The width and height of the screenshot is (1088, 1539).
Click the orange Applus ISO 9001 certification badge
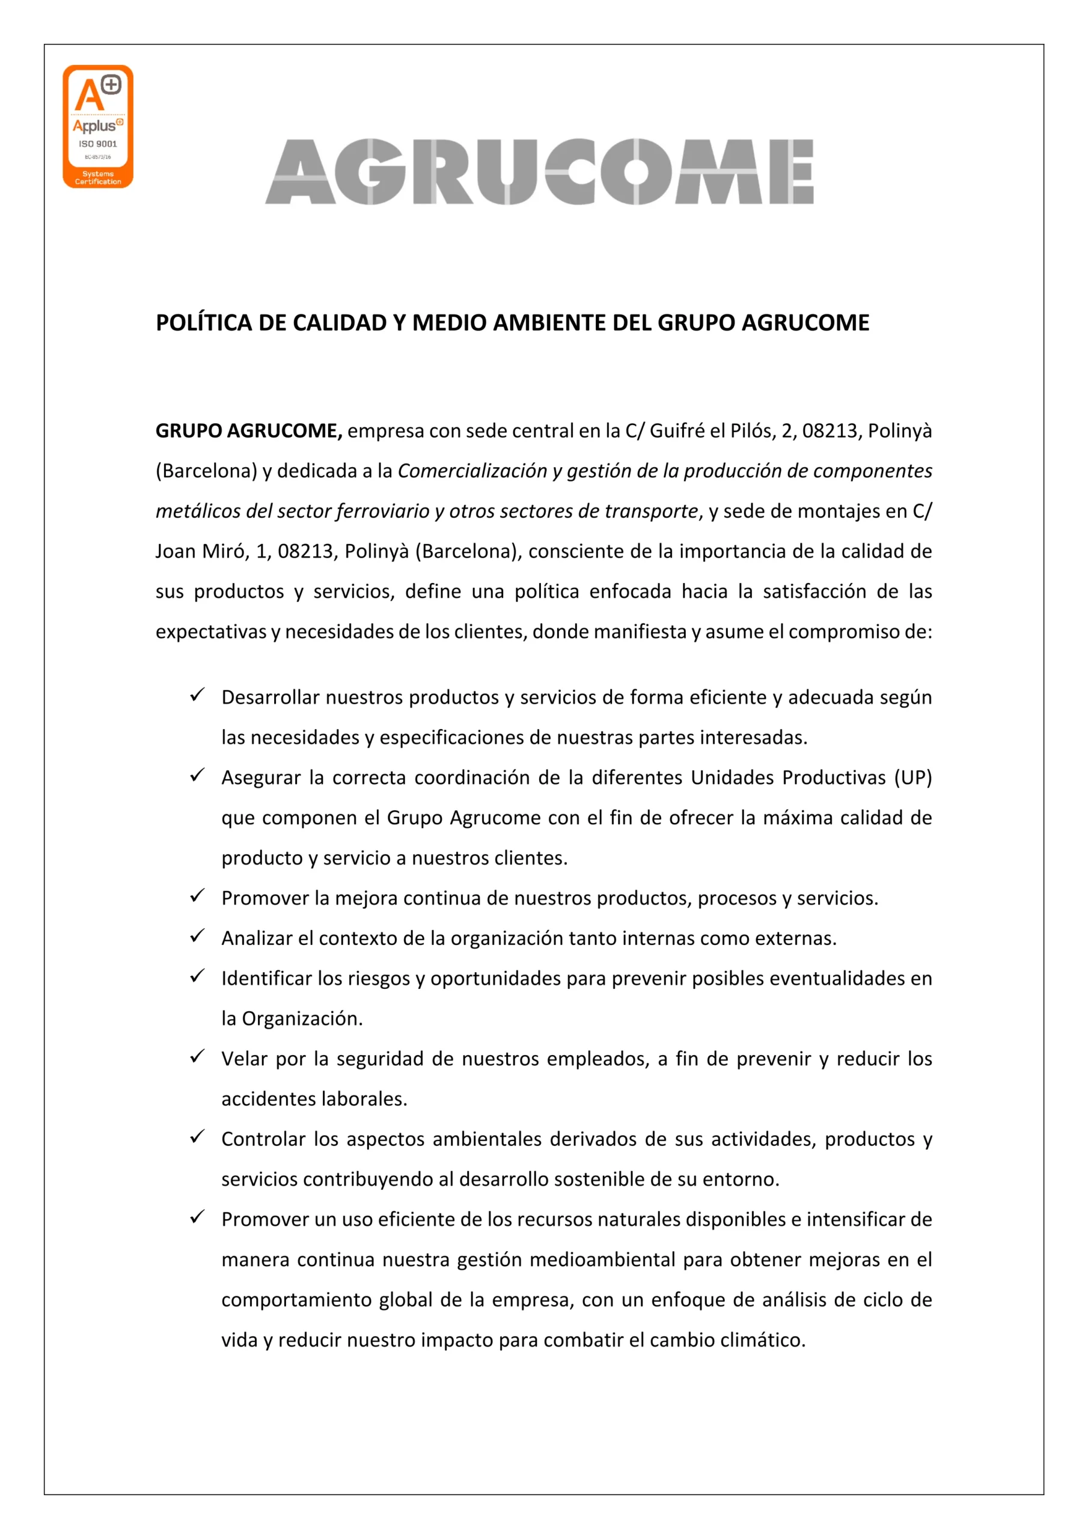pos(98,126)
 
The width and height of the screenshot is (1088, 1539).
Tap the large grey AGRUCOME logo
pos(539,171)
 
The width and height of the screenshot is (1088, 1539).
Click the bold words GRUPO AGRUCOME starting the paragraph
pos(249,430)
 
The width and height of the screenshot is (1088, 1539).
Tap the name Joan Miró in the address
pos(200,551)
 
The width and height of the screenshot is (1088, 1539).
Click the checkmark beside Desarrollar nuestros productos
pos(197,694)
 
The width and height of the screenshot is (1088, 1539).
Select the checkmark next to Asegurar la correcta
pos(197,775)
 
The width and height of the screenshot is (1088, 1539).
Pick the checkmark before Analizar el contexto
pos(197,936)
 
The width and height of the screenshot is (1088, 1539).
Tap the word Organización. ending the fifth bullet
pos(302,1019)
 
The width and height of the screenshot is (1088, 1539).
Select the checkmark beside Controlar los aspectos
pos(197,1137)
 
